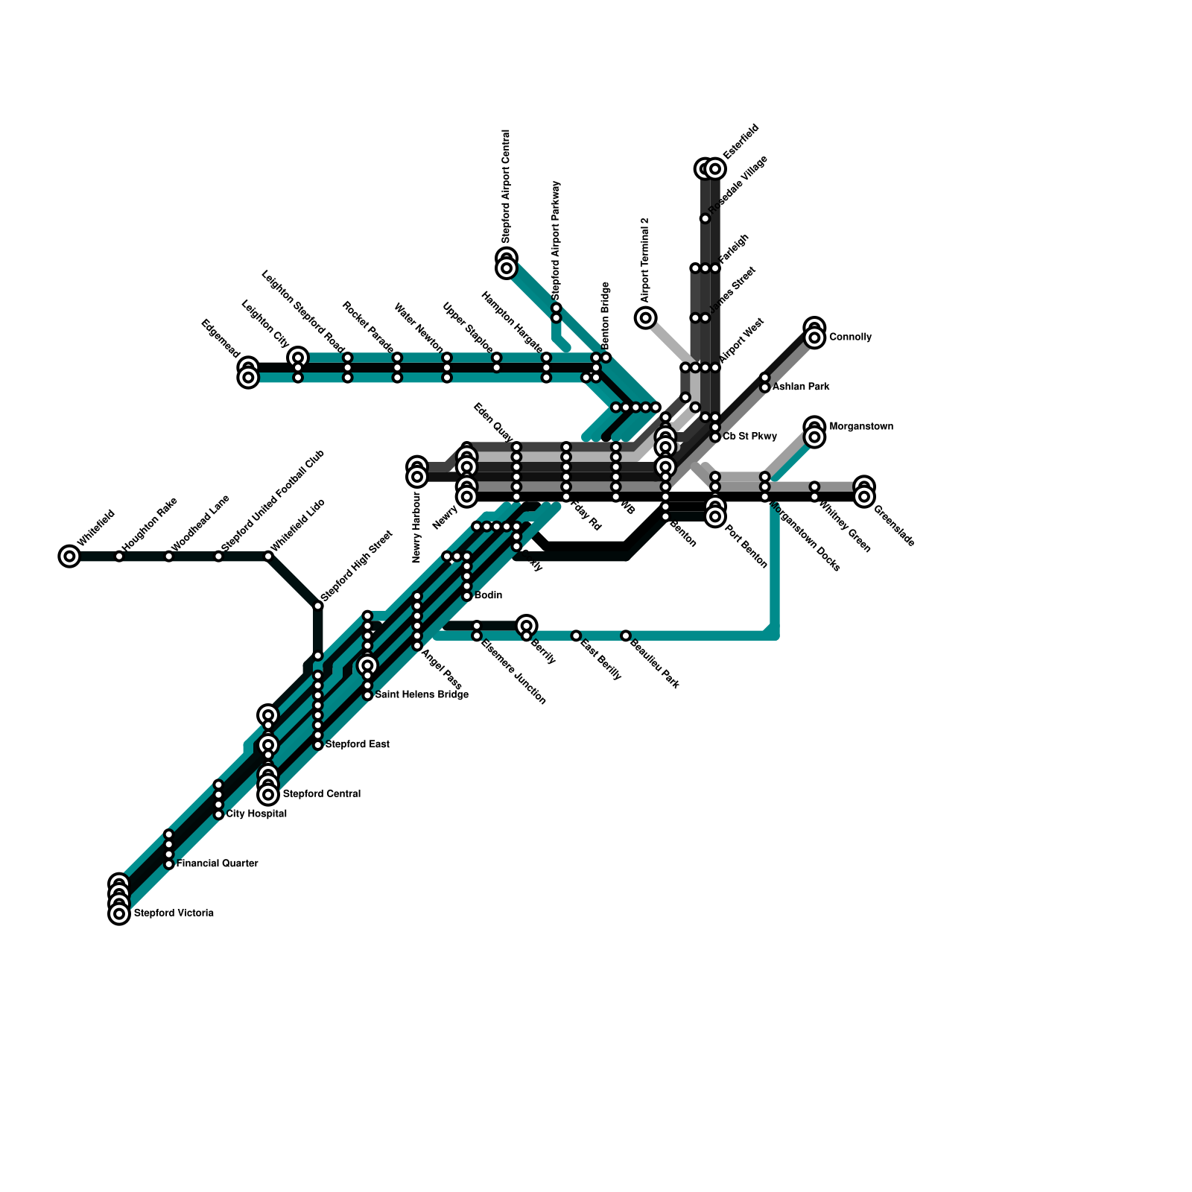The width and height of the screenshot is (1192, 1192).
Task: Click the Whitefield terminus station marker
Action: (x=69, y=556)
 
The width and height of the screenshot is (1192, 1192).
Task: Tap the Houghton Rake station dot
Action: (x=119, y=556)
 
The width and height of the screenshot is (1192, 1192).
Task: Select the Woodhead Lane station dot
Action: (x=169, y=556)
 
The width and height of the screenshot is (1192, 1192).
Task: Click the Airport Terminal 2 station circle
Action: (x=646, y=318)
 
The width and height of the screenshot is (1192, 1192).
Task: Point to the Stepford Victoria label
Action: (x=174, y=913)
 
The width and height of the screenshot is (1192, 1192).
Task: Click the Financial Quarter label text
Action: (x=218, y=863)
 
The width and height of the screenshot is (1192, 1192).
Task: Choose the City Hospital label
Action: (x=256, y=814)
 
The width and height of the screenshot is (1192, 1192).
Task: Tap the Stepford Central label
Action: (x=322, y=794)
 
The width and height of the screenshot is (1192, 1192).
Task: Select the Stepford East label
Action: (x=358, y=744)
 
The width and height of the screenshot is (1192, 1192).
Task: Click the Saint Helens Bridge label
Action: (x=422, y=695)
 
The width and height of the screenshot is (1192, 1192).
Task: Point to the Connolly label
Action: (x=850, y=337)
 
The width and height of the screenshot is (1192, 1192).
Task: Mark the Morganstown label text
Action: (x=861, y=427)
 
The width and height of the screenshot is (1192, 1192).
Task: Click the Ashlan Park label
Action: (x=801, y=387)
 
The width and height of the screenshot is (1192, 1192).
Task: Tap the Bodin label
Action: (x=489, y=595)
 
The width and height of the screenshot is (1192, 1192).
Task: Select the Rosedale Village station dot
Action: (x=705, y=218)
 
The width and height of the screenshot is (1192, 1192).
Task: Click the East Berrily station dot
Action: (x=576, y=635)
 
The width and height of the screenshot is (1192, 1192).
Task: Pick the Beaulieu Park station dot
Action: (x=626, y=635)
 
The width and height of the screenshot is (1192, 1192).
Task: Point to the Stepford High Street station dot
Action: (x=318, y=606)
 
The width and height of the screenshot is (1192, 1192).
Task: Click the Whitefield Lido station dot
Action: (x=268, y=556)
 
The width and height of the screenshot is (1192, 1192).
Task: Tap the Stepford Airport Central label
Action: (x=506, y=186)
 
